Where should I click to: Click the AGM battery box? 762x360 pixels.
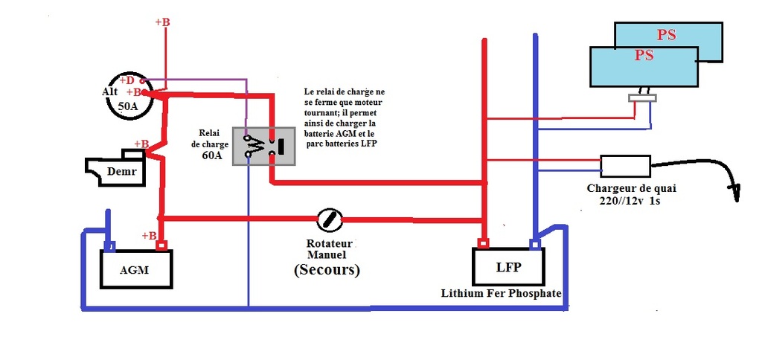tap(137, 269)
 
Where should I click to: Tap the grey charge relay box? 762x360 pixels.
tap(264, 147)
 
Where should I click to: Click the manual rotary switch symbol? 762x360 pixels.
tap(330, 219)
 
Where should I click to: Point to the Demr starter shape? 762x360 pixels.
tap(115, 167)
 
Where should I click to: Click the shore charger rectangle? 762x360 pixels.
tap(625, 166)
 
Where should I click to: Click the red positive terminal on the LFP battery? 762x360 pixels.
tap(483, 243)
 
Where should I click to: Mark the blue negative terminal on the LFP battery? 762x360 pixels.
tap(534, 243)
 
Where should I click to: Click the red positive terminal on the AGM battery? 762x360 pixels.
tap(161, 245)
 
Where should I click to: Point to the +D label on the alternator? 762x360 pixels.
tap(128, 80)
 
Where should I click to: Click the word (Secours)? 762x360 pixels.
tap(327, 270)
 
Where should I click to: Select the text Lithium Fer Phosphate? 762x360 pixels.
tap(501, 294)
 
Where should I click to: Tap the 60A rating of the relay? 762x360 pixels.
tap(209, 155)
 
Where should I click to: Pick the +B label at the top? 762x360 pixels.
tap(162, 22)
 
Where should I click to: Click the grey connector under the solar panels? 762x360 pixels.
tap(642, 98)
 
